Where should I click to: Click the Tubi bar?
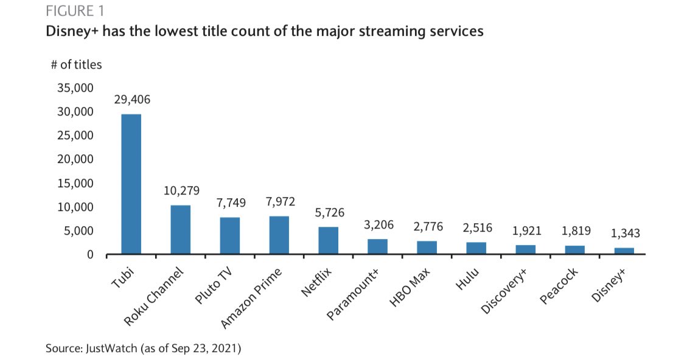click(131, 184)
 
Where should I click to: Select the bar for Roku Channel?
click(180, 230)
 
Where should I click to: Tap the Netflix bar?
click(328, 241)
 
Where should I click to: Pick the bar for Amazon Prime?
click(279, 235)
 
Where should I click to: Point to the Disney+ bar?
click(624, 251)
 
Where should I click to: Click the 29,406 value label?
click(132, 100)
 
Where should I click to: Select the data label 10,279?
click(181, 191)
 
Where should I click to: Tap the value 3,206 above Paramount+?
click(379, 225)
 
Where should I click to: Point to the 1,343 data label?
click(625, 234)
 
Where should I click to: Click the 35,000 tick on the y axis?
click(75, 88)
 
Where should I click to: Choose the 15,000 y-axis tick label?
click(75, 183)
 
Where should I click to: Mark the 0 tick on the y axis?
click(90, 255)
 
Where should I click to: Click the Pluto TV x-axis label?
click(214, 286)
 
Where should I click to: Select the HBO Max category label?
click(409, 288)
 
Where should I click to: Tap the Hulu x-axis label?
click(467, 279)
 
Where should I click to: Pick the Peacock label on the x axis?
click(559, 286)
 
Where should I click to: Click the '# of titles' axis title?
click(76, 64)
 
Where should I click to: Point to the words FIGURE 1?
click(75, 11)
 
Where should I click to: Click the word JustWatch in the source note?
click(112, 348)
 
